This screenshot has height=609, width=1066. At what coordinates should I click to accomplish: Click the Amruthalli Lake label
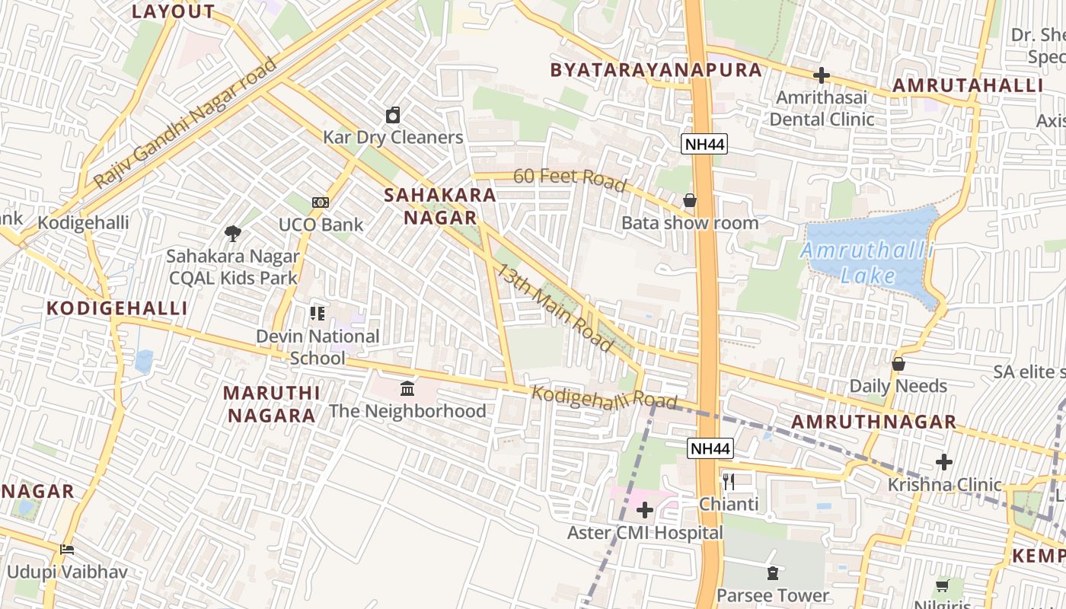point(867,263)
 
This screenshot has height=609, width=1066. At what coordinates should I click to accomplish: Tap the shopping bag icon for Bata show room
point(690,200)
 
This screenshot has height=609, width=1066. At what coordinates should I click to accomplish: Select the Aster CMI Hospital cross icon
point(645,509)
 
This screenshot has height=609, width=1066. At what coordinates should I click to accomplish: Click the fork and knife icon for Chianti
point(729,481)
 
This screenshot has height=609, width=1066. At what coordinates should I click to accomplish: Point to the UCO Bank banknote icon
point(321,202)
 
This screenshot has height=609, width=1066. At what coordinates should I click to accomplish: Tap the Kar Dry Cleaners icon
point(393,115)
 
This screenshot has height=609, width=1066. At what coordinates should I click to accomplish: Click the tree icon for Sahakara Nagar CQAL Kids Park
point(233,234)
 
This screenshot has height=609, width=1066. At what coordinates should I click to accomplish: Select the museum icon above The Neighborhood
point(407,389)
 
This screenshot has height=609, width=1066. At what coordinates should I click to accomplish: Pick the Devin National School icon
point(318,313)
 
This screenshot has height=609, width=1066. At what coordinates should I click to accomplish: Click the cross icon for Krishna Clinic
point(944,461)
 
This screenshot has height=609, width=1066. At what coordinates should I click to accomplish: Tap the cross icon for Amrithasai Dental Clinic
point(822,75)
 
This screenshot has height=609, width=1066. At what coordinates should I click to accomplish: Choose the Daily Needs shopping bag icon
point(898,364)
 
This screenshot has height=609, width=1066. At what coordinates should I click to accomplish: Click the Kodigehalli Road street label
point(604,397)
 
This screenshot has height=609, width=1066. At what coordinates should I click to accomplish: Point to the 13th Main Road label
point(555,308)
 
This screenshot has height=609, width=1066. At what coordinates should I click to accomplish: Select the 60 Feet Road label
point(570,180)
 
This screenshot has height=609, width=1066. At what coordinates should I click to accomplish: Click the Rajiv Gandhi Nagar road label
point(186,123)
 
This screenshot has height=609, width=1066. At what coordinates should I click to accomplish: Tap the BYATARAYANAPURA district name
point(656,70)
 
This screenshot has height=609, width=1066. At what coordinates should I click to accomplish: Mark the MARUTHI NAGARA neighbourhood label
point(271,404)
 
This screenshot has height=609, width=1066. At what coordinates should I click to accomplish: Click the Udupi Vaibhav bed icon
point(67,549)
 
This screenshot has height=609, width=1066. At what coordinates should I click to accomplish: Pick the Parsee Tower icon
point(773,573)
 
